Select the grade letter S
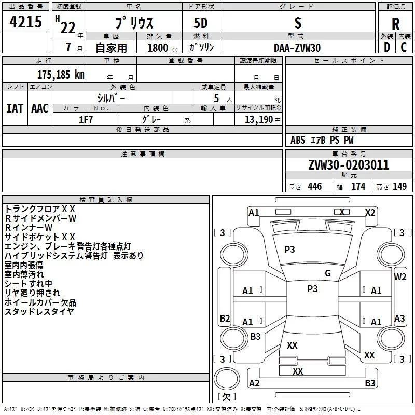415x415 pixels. point(297,22)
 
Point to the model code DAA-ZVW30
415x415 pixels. point(297,48)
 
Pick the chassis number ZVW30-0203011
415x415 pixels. point(349,165)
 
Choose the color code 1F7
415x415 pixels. point(86,119)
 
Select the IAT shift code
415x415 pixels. point(15,108)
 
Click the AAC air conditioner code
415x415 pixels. point(39,108)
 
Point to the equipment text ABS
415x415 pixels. point(298,140)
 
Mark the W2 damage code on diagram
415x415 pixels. point(400,276)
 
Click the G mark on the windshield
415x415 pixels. point(327,273)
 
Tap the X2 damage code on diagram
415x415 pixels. point(370,212)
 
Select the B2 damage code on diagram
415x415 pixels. point(225,318)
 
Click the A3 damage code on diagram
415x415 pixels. point(399,318)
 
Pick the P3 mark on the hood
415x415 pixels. point(289,249)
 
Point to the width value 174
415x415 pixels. point(358,187)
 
